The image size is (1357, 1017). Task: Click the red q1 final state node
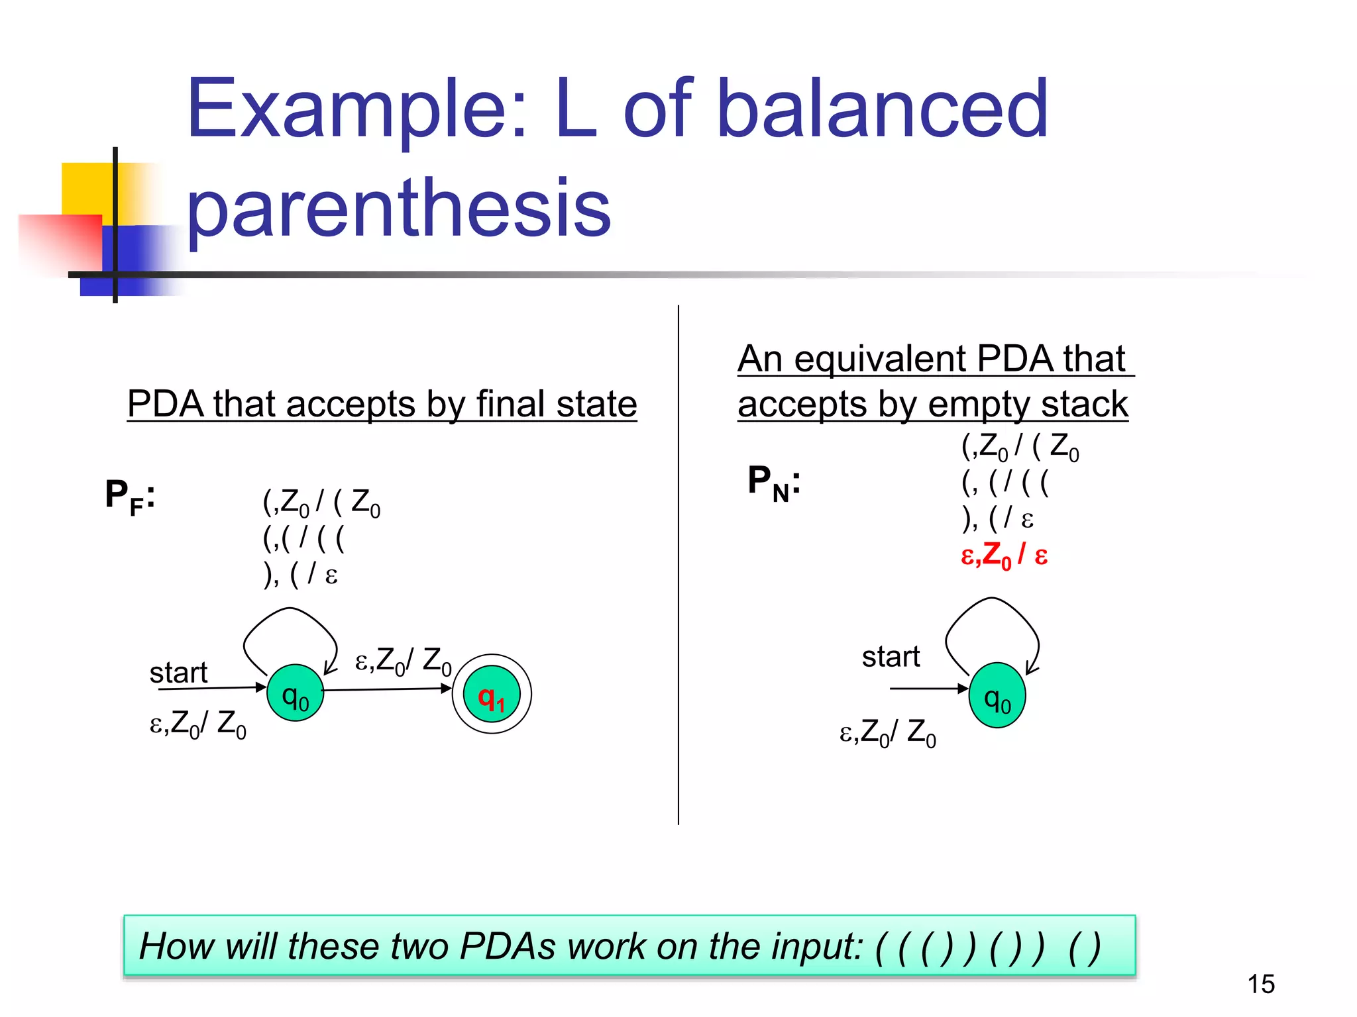tap(492, 695)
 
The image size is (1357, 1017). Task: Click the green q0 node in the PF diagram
tap(296, 693)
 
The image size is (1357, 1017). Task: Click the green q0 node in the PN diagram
tap(997, 696)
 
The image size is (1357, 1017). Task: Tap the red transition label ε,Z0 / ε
tap(1004, 555)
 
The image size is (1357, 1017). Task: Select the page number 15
tap(1261, 984)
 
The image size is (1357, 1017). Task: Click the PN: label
tap(774, 482)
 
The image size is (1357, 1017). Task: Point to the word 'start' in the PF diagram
tap(178, 673)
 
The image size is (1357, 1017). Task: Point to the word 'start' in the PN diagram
tap(891, 657)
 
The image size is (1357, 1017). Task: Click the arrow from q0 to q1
tap(388, 689)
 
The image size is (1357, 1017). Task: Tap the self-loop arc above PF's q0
tap(290, 610)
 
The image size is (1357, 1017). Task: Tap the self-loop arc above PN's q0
tap(992, 600)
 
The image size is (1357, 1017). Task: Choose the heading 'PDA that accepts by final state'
tap(382, 404)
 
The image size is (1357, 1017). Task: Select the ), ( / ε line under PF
tap(300, 574)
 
